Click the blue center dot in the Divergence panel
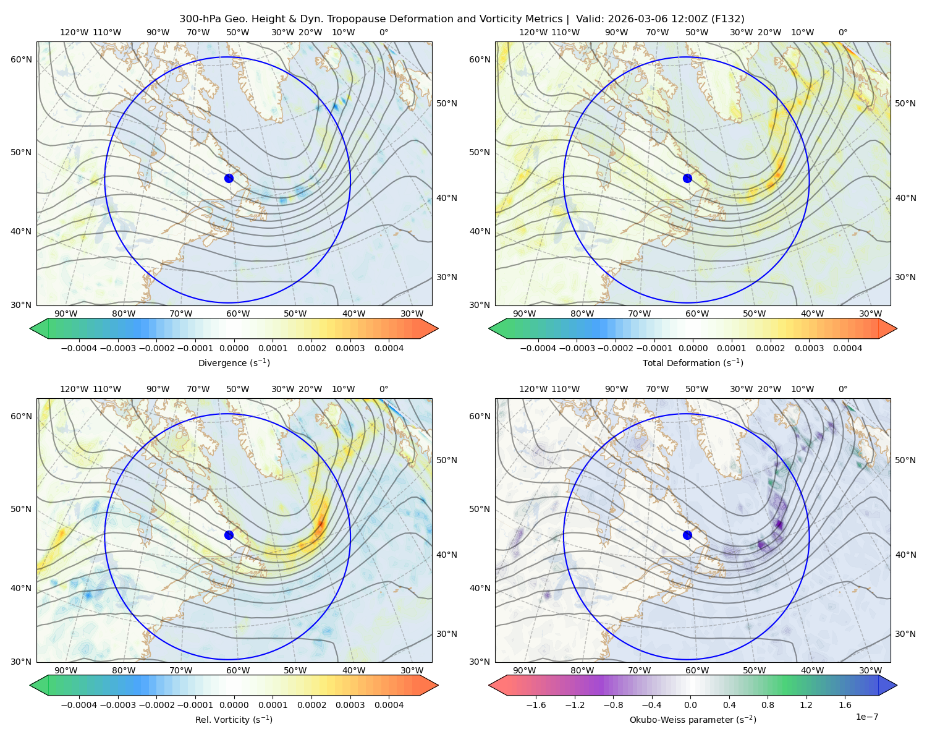point(229,178)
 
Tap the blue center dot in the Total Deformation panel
point(687,178)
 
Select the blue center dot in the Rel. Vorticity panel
point(229,535)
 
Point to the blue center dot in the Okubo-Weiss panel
point(687,535)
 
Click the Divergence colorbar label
point(234,362)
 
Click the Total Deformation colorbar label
point(693,362)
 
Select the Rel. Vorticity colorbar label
point(234,719)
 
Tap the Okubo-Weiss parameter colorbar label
point(693,719)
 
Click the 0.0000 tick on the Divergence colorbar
point(234,348)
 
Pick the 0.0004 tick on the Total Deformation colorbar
point(847,348)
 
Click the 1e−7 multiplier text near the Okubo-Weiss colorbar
point(866,717)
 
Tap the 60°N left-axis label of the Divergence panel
point(21,59)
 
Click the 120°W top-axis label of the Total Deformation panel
point(533,32)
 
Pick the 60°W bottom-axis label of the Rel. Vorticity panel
point(238,670)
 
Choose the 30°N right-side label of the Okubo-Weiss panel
point(905,633)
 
